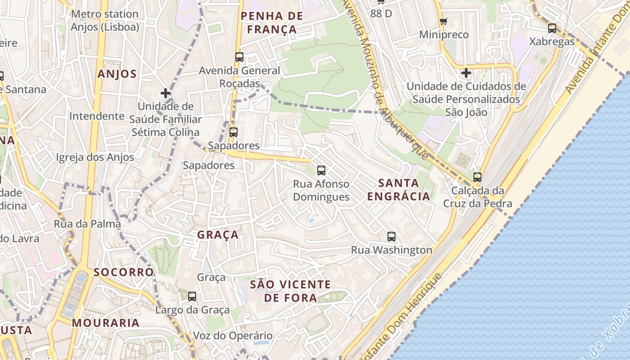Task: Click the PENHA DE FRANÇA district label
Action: (271, 23)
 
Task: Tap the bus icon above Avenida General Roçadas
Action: (239, 57)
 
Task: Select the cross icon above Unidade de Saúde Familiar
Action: (166, 93)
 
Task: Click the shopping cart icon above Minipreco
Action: (444, 21)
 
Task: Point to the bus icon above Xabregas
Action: (552, 28)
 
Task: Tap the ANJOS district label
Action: (117, 74)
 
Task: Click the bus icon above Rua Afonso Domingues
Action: (321, 171)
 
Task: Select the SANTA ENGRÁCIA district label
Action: (399, 189)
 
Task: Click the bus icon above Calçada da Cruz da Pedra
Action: (477, 177)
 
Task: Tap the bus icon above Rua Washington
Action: (391, 237)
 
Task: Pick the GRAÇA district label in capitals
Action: (218, 235)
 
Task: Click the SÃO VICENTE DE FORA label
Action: (290, 291)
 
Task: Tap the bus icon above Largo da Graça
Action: (192, 297)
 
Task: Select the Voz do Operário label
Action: (233, 336)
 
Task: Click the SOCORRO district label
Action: (124, 272)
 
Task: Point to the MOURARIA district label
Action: (106, 323)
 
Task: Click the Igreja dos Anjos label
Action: (95, 157)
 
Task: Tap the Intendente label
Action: (97, 116)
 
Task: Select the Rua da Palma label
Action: (87, 224)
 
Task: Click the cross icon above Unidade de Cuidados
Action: (466, 72)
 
